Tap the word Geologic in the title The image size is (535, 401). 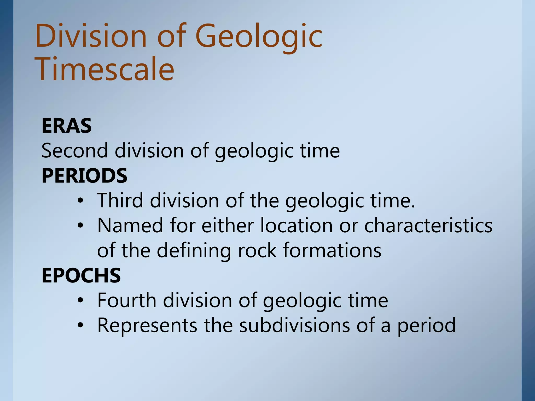259,36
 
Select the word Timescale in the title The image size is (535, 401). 104,69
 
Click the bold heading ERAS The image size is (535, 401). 67,126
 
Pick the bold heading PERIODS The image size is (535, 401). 84,176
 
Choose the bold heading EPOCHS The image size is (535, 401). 81,276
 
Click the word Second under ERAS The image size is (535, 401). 75,151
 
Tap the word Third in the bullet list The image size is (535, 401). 120,200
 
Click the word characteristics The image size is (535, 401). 428,225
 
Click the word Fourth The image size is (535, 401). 127,300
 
